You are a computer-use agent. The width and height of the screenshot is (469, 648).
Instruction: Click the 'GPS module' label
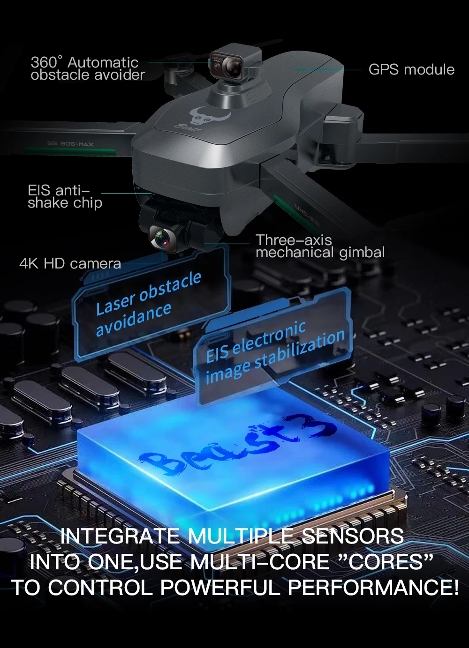tap(411, 70)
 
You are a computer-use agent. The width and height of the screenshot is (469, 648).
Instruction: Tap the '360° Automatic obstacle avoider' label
tap(88, 68)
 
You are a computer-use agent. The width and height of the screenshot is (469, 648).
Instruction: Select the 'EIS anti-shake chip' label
tap(65, 196)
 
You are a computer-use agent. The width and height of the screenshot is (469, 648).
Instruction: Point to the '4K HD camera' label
tap(70, 263)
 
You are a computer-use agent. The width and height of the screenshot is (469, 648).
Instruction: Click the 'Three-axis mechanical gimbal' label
tap(320, 246)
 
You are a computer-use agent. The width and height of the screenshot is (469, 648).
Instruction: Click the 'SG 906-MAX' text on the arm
tap(70, 144)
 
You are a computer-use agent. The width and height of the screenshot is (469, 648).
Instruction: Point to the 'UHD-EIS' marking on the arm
tap(307, 214)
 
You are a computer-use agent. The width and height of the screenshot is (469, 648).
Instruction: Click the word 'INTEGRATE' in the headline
tap(120, 536)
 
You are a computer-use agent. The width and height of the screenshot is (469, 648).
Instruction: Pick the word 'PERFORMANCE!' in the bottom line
tap(373, 588)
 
